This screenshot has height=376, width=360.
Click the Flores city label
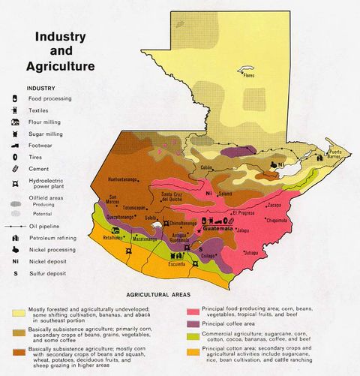[x=247, y=77]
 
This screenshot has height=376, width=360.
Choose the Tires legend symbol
[x=15, y=156]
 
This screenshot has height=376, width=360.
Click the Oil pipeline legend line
[x=15, y=224]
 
